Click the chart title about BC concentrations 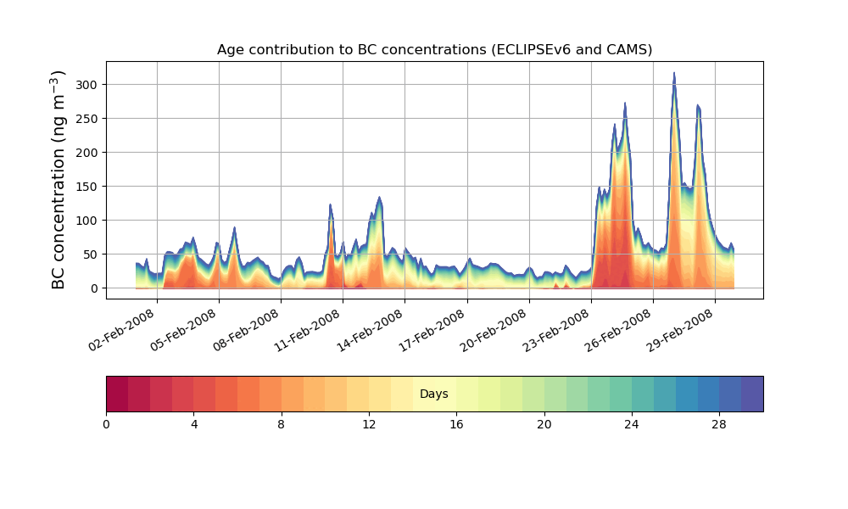434,49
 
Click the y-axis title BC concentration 59,180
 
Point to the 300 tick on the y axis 88,85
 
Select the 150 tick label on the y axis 88,187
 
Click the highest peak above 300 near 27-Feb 674,73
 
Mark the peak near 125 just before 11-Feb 331,204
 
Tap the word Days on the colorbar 434,394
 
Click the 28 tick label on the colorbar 719,424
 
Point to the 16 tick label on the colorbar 456,424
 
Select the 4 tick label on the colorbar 194,424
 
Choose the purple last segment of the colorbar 752,394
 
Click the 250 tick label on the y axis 88,119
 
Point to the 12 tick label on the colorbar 369,424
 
